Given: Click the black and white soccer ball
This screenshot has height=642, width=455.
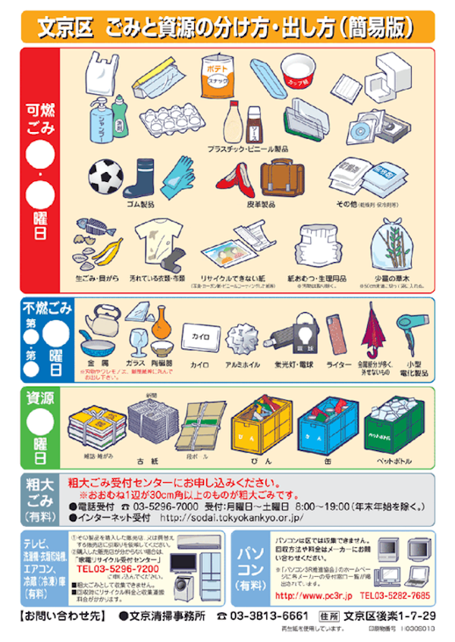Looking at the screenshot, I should [105, 177].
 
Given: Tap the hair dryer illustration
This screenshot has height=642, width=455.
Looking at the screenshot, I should [414, 328].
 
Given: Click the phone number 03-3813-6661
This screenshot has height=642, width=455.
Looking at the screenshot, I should [268, 615].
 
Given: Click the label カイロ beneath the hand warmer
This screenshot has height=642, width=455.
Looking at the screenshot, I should [199, 365].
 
